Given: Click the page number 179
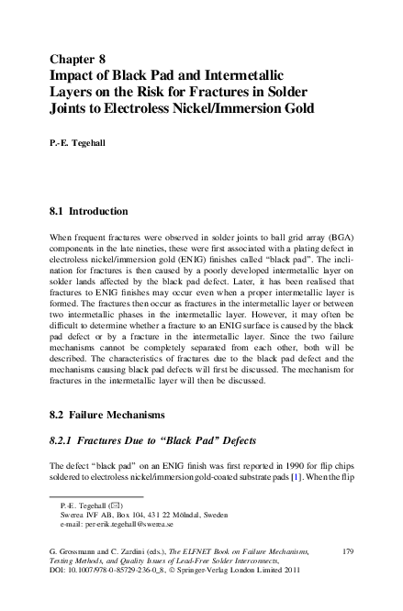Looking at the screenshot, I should tap(347, 550).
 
